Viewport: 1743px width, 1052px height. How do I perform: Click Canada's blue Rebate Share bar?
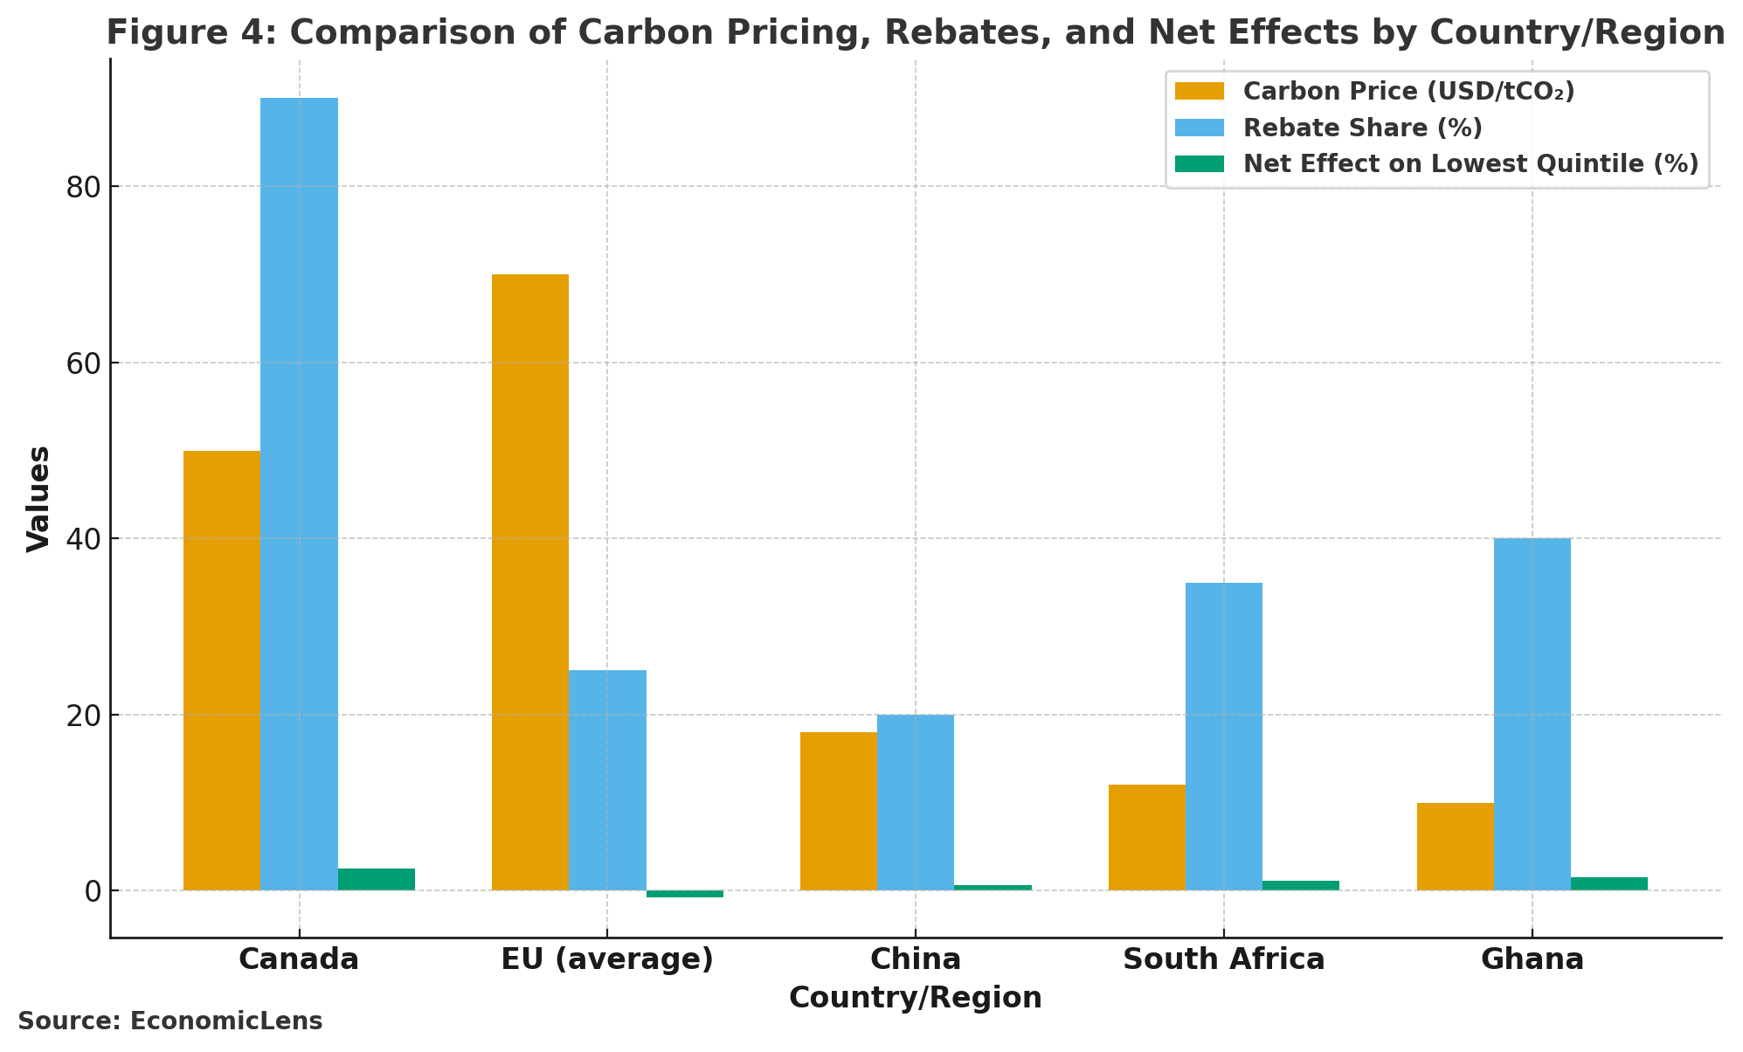299,494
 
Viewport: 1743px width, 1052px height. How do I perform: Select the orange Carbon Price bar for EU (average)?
529,582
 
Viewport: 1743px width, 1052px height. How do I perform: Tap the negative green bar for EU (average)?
684,894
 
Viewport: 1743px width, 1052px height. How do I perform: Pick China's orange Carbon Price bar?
838,811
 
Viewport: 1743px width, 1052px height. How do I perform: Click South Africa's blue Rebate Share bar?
1223,736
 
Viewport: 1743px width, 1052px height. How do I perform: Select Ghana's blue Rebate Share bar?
1532,714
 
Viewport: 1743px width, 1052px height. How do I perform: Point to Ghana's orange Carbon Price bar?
1455,846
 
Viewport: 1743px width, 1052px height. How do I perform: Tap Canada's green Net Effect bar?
376,879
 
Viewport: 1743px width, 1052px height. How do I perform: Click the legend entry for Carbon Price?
1408,92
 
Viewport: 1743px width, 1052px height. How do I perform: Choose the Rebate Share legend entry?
1362,128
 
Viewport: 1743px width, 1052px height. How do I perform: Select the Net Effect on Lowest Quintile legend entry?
1470,164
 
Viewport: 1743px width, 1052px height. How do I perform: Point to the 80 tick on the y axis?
84,187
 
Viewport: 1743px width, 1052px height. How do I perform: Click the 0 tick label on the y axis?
93,891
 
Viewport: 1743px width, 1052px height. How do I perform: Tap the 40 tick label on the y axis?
84,539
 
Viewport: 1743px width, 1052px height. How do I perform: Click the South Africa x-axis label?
1223,959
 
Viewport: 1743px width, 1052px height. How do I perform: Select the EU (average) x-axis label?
607,959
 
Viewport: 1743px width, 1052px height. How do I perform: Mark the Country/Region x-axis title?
915,998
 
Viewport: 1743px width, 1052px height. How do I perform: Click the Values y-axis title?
38,498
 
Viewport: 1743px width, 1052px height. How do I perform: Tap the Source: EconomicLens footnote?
170,1021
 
